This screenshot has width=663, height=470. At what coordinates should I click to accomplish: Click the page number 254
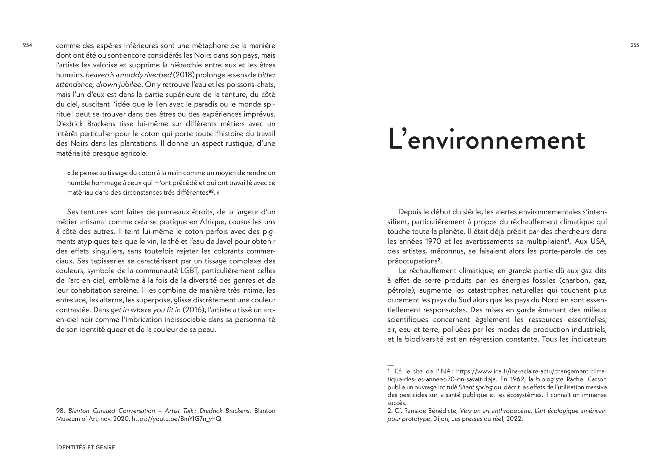(28, 45)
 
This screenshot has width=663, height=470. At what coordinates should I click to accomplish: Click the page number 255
(635, 45)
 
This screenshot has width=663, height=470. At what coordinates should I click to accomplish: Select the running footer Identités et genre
(85, 447)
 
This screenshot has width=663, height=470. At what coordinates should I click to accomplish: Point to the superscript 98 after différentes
(211, 191)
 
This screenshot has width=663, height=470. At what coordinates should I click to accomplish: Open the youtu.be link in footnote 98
(176, 419)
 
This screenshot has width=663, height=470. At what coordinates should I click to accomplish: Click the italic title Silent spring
(475, 387)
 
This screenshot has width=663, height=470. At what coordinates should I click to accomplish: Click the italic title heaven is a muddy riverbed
(129, 75)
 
